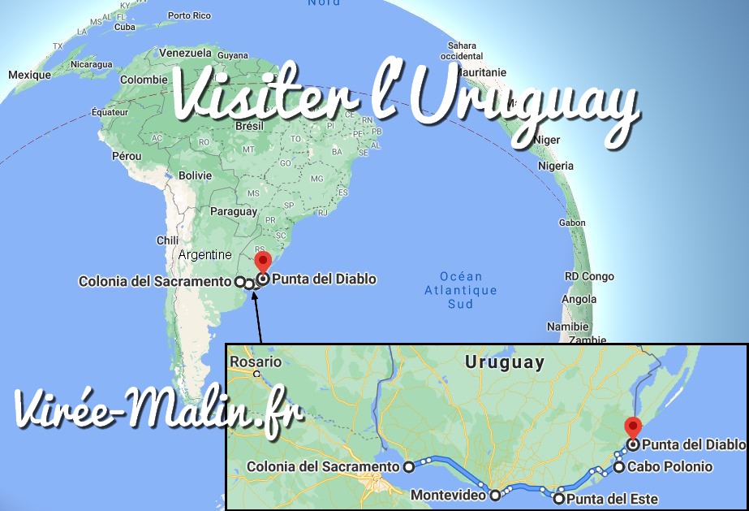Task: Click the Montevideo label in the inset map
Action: click(x=448, y=494)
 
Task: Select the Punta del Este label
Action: click(x=611, y=499)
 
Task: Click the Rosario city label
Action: click(x=254, y=362)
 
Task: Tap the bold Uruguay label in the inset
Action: click(x=505, y=362)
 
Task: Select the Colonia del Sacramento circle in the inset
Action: click(x=409, y=466)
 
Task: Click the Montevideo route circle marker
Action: click(x=494, y=494)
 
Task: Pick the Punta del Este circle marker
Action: click(x=558, y=498)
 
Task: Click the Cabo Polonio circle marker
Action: click(x=619, y=466)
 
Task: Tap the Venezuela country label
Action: click(x=184, y=53)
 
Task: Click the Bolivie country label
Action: click(x=195, y=175)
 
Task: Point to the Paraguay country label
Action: click(x=233, y=211)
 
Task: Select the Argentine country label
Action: click(x=204, y=254)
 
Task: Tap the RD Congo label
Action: click(x=589, y=276)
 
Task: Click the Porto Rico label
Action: click(x=190, y=15)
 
